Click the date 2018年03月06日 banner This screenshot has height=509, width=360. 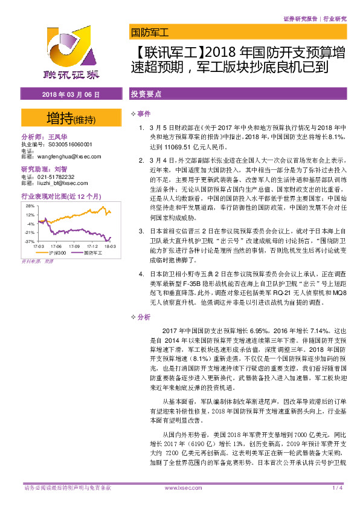[71, 95]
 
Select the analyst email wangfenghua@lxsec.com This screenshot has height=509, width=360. [62, 156]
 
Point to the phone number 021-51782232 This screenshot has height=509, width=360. [57, 177]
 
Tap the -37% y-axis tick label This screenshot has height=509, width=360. [29, 241]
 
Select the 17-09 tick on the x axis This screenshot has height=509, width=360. [75, 247]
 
